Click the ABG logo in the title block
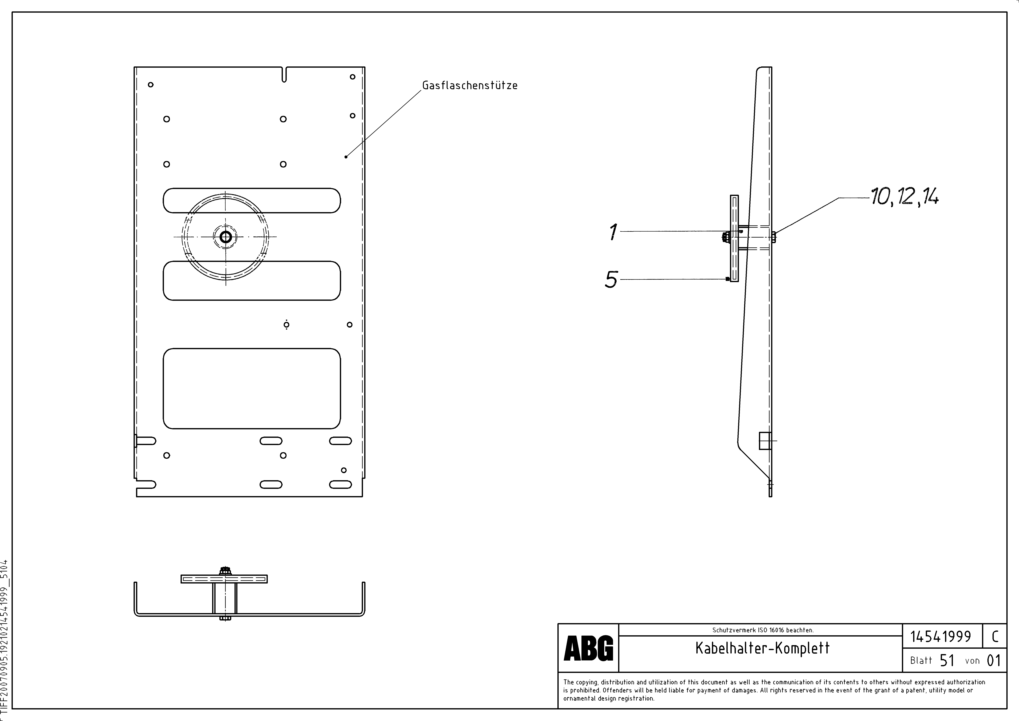tap(588, 648)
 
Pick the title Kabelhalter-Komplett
tap(762, 648)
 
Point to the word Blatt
tap(921, 661)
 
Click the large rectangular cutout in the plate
tap(252, 388)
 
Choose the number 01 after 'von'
tap(994, 661)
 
